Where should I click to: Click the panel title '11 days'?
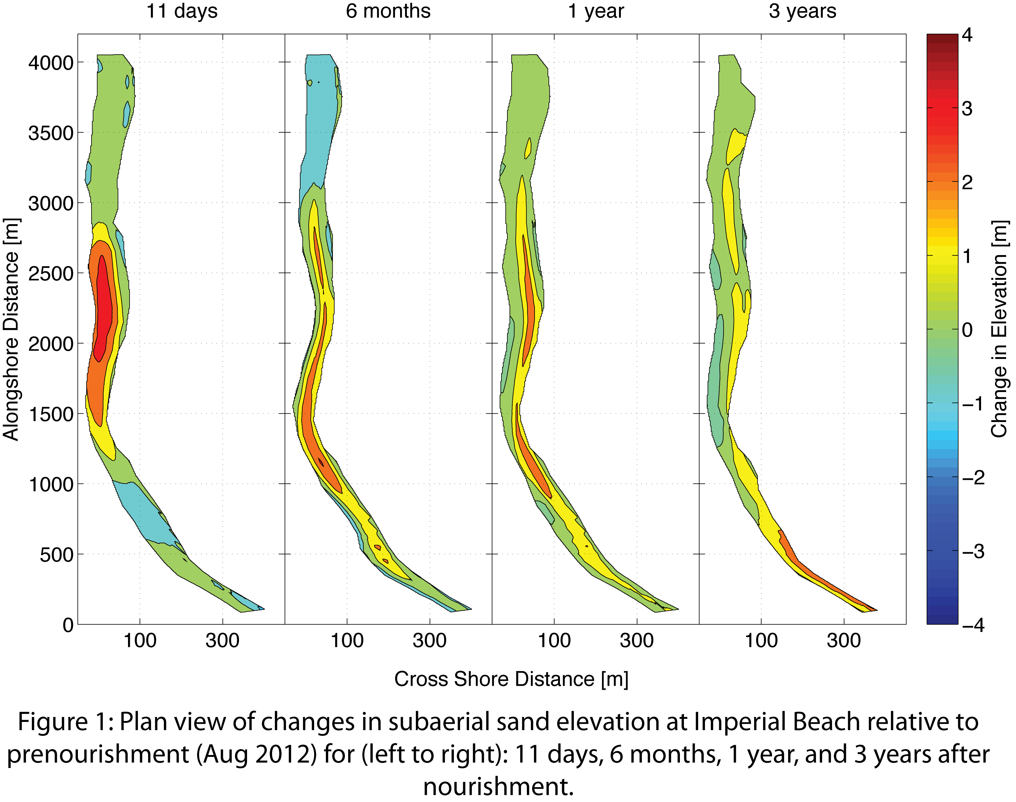point(182,11)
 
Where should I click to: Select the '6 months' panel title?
point(388,11)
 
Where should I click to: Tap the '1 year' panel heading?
point(596,11)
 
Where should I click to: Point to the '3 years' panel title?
point(802,11)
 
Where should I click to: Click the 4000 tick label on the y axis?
point(51,62)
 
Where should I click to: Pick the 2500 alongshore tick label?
point(51,273)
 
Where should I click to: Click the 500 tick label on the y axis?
point(56,555)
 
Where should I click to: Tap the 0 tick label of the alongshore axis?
point(68,625)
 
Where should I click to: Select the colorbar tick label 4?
point(967,35)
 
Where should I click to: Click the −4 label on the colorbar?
point(973,625)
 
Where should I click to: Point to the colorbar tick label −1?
point(973,404)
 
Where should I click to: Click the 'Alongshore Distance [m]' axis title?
point(11,329)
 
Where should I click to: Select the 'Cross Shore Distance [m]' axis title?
point(511,679)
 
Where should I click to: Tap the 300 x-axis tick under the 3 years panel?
point(844,641)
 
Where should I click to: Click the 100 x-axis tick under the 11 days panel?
point(139,641)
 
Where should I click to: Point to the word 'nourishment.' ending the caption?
point(499,787)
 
